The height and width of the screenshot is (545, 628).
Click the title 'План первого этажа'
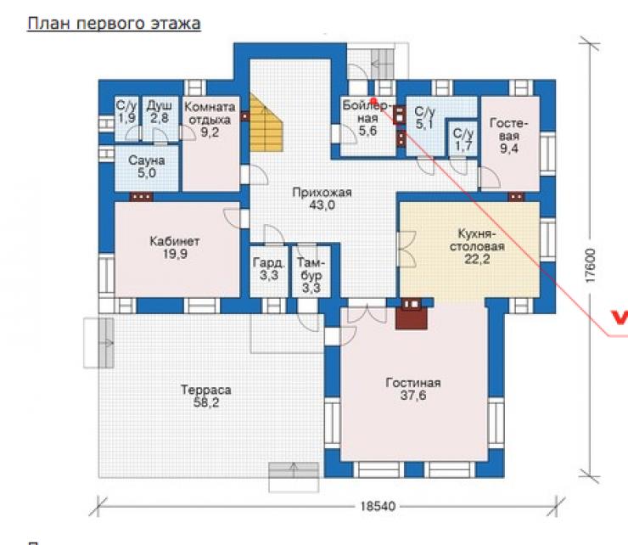click(115, 24)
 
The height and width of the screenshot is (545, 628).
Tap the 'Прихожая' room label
click(322, 193)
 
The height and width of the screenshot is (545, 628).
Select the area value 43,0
click(322, 205)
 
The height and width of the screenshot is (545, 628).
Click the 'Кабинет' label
click(175, 241)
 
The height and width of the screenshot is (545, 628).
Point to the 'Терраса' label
click(206, 390)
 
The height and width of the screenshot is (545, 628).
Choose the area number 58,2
click(206, 402)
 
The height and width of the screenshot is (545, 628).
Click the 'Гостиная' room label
click(413, 383)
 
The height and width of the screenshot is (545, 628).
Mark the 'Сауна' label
click(147, 160)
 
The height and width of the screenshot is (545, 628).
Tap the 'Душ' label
click(159, 106)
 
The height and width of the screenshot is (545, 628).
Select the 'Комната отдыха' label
click(210, 114)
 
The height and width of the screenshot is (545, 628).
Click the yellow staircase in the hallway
click(266, 122)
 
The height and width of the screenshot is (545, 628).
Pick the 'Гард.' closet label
click(269, 263)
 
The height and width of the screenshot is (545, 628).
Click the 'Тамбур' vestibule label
click(311, 268)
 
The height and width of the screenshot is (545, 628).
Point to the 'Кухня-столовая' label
click(477, 239)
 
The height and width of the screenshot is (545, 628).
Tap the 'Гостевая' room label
click(508, 129)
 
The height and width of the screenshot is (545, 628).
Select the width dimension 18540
click(378, 506)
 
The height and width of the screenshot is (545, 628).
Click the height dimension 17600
click(591, 266)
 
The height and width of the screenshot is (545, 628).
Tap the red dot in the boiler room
click(373, 100)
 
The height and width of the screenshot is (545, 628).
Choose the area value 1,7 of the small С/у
click(463, 147)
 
